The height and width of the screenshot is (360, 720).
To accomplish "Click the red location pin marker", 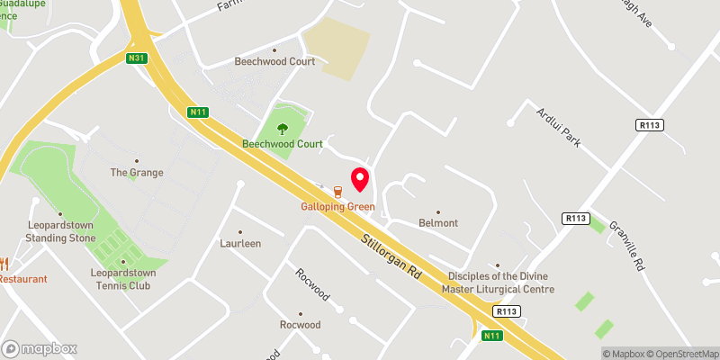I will pyautogui.click(x=360, y=178).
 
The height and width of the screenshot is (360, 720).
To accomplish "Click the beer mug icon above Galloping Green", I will pyautogui.click(x=337, y=192).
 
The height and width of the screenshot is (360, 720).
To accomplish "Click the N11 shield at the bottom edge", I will pyautogui.click(x=491, y=336).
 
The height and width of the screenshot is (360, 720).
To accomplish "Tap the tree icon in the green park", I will pyautogui.click(x=283, y=128).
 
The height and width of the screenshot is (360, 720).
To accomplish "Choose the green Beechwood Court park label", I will pyautogui.click(x=282, y=144).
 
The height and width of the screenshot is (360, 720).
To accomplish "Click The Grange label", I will pyautogui.click(x=136, y=172).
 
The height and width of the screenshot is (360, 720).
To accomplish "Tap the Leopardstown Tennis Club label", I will pyautogui.click(x=122, y=279).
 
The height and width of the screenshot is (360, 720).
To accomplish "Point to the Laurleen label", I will pyautogui.click(x=240, y=243).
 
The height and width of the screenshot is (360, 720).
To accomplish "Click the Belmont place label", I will pyautogui.click(x=438, y=222).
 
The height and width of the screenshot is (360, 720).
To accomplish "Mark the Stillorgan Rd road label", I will pyautogui.click(x=391, y=255).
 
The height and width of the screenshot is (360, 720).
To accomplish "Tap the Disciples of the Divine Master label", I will pyautogui.click(x=498, y=283).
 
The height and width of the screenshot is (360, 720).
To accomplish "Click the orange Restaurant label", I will pyautogui.click(x=23, y=279).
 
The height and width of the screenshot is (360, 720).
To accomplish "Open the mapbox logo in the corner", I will pyautogui.click(x=40, y=348).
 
